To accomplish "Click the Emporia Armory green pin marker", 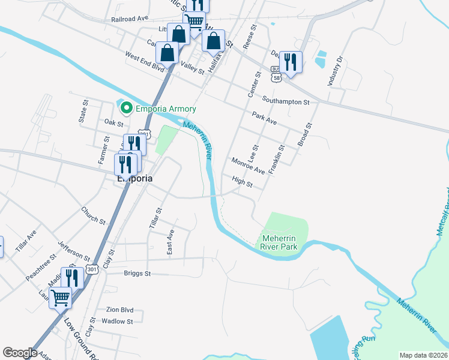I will (127, 109).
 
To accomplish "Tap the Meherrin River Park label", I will (280, 242).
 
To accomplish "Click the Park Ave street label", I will (264, 118).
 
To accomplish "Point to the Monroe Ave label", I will (248, 167).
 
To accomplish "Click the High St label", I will (242, 182).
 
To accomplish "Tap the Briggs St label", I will (137, 274).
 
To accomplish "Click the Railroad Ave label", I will (130, 19).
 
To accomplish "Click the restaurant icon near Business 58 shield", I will (291, 61).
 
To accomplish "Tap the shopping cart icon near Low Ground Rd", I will (60, 297).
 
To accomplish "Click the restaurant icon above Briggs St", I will (72, 278).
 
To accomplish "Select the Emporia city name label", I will (134, 178).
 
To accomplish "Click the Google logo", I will (20, 353).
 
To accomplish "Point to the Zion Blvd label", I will (119, 310).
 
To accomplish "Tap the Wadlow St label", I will (117, 322).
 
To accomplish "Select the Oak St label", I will (113, 123).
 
